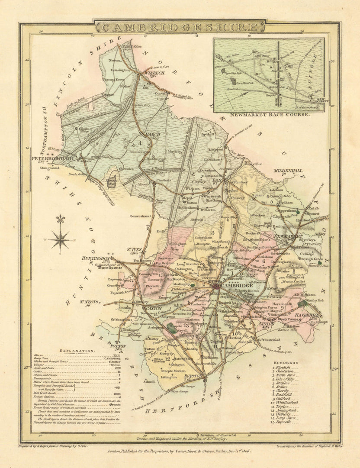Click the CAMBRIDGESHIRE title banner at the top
pyautogui.click(x=180, y=27)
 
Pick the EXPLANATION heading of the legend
pyautogui.click(x=77, y=351)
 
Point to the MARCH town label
pyautogui.click(x=152, y=134)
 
